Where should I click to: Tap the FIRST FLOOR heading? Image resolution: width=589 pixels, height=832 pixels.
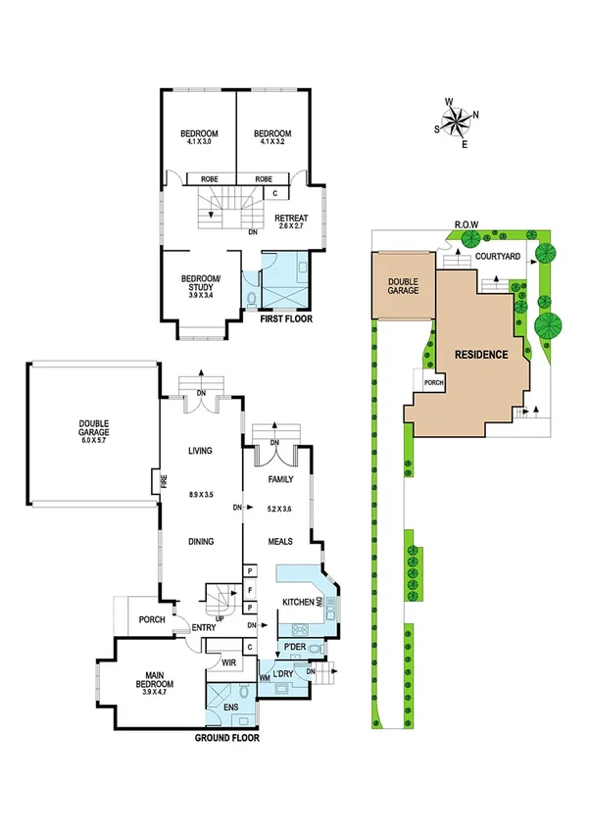pos(287,318)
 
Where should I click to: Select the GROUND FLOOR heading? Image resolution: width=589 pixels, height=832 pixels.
pos(226,738)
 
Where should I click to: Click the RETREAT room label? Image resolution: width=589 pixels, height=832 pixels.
pos(291,218)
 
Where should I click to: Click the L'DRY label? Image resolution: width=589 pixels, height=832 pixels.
pos(286,675)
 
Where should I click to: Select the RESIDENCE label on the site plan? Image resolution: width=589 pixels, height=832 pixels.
pos(479,355)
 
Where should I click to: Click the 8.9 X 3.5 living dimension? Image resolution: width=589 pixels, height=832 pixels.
pos(201,495)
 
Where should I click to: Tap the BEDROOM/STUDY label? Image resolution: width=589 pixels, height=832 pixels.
pos(204,283)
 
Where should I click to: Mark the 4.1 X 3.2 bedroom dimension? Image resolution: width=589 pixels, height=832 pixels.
pos(272,143)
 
